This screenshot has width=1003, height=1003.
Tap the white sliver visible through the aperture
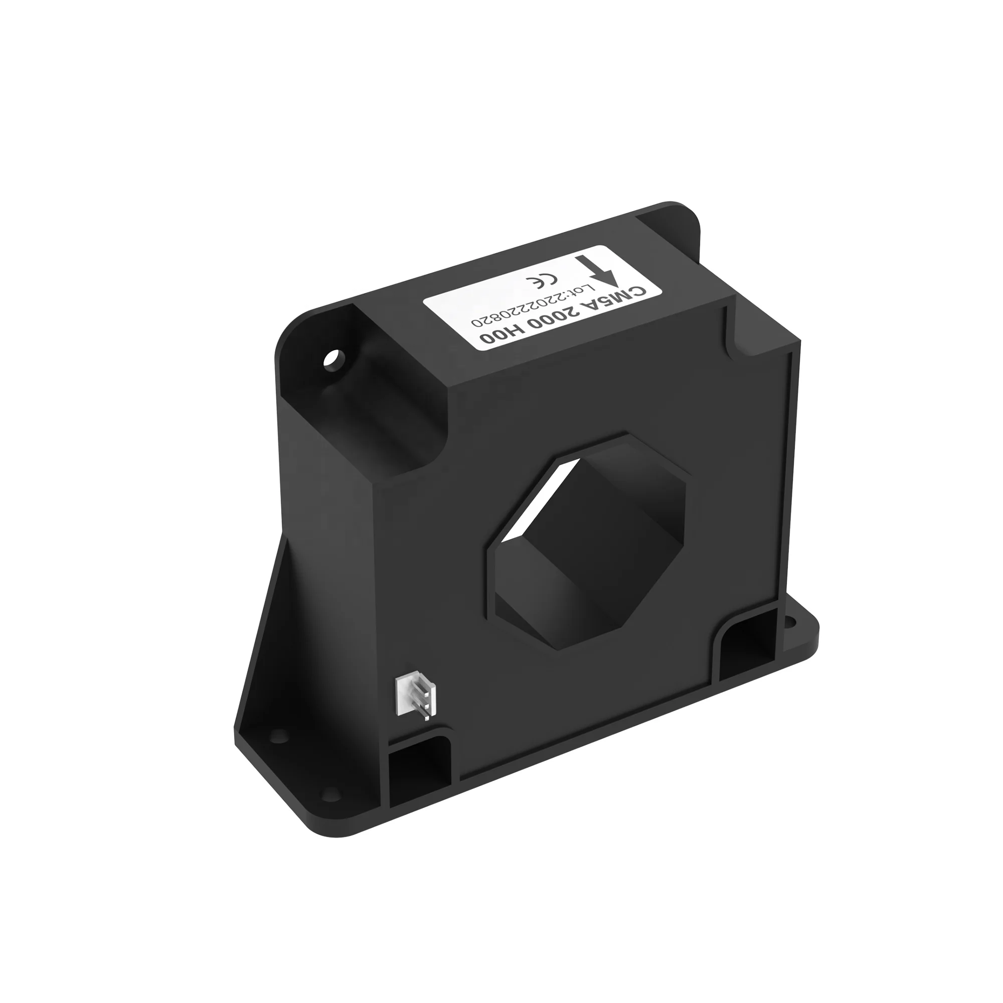[x=543, y=498]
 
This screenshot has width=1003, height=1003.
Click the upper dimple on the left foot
[x=279, y=735]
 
